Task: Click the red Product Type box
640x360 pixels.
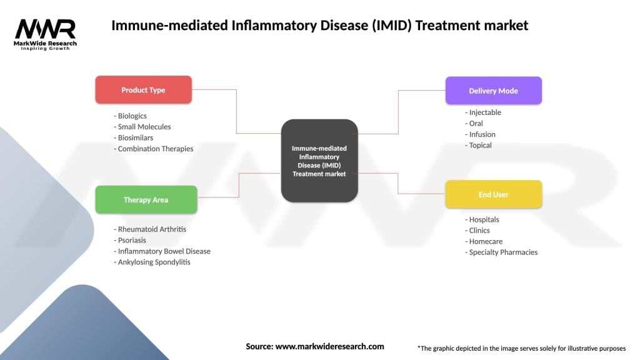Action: click(x=143, y=90)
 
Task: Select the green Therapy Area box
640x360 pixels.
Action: click(x=146, y=200)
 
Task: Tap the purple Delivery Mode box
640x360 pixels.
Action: click(x=493, y=91)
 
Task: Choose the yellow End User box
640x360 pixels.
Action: click(x=493, y=194)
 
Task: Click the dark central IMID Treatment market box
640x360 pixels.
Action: click(x=319, y=161)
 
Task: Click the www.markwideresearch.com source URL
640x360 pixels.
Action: click(x=329, y=346)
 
